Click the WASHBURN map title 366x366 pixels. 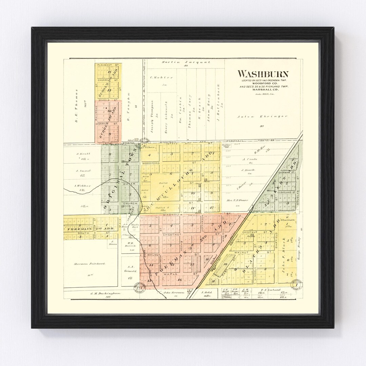[263, 74]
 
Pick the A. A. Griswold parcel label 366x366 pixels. [129, 269]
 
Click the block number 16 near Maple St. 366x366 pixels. [179, 280]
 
